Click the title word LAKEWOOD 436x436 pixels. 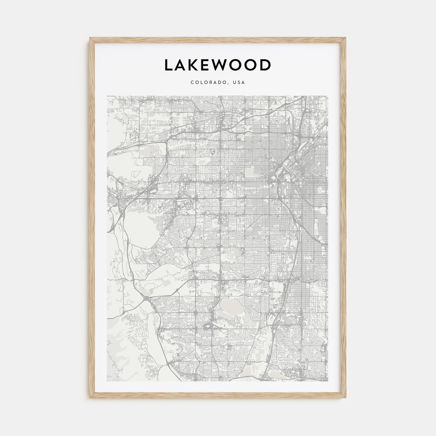point(218,65)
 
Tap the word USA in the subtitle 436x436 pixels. point(240,83)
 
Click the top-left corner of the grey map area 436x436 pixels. point(107,96)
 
